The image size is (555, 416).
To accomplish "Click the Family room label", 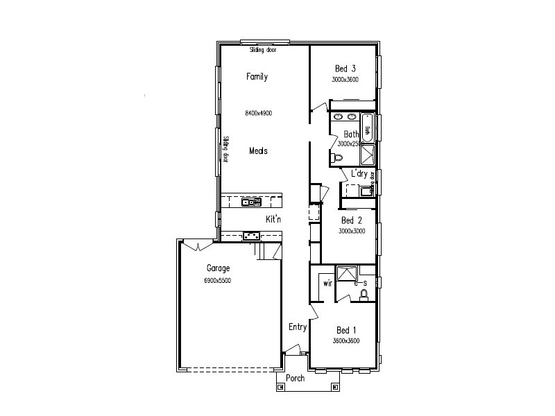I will [257, 77].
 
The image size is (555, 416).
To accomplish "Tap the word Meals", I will [258, 150].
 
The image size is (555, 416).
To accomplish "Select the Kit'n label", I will [273, 219].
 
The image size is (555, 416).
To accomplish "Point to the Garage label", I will [218, 268].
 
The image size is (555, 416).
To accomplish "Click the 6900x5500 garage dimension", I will [217, 281].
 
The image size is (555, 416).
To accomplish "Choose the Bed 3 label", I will [345, 69].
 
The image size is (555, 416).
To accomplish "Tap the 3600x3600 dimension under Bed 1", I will [345, 340].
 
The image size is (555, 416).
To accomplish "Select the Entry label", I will [298, 327].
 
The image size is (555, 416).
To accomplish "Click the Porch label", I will [295, 379].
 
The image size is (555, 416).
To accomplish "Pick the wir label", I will [327, 284].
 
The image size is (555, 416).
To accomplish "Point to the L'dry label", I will [359, 173].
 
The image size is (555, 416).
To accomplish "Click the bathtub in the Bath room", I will [368, 127].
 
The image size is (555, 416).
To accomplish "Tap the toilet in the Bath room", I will [337, 159].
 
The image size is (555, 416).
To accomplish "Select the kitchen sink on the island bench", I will [250, 202].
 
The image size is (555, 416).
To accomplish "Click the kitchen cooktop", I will [251, 236].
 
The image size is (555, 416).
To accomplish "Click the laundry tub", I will [364, 191].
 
